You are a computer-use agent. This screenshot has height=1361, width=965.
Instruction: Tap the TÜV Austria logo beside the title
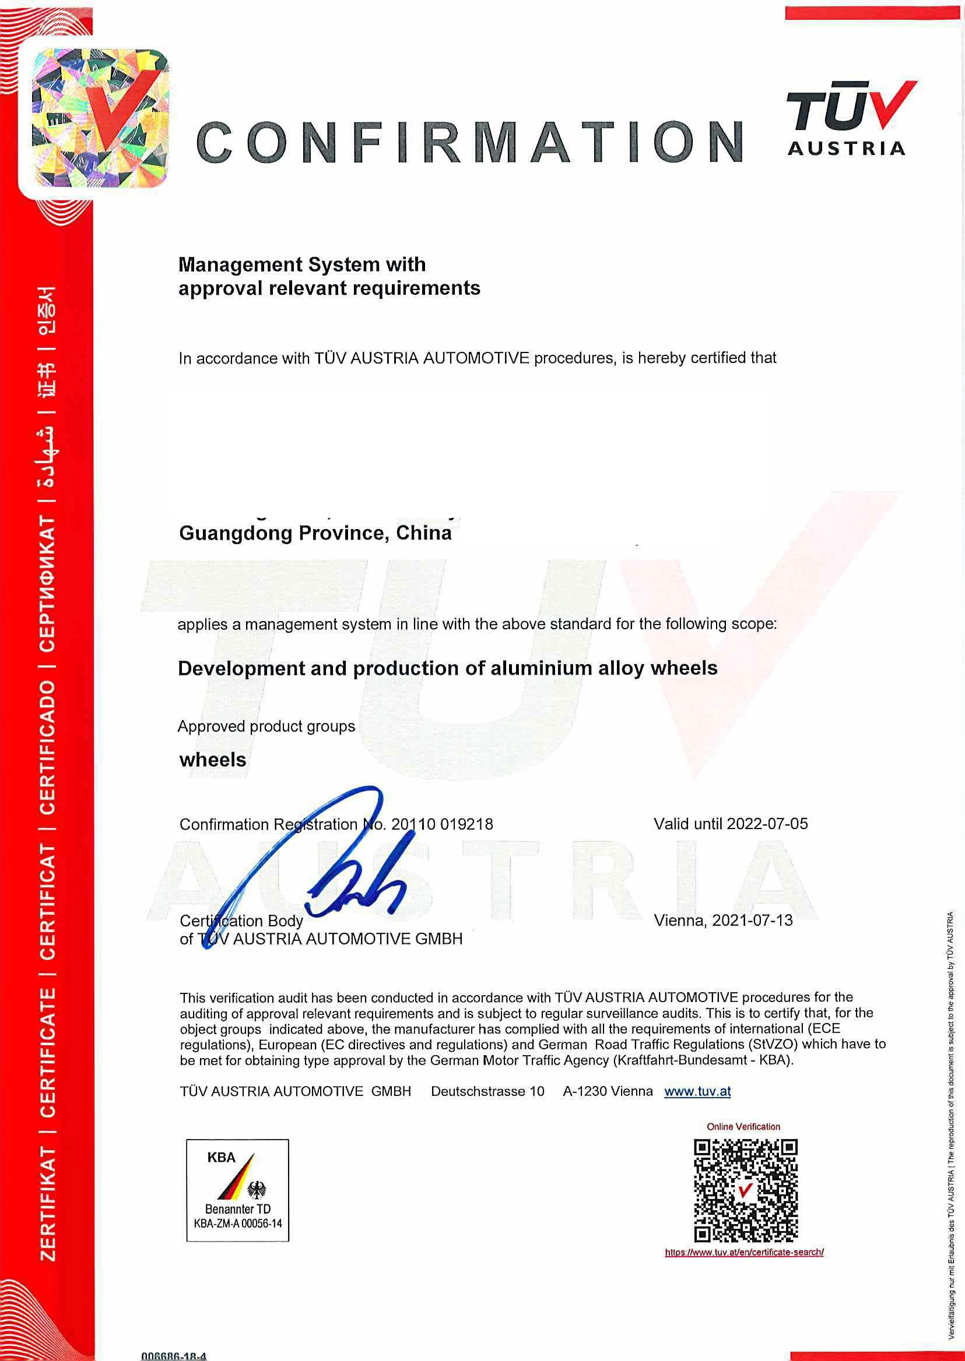850,119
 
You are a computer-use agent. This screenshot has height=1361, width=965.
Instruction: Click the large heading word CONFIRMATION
469,143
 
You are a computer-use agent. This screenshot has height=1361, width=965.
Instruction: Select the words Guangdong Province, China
315,533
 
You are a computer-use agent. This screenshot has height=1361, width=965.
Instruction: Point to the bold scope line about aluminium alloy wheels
447,669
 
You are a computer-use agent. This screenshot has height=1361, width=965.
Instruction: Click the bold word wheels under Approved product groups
213,760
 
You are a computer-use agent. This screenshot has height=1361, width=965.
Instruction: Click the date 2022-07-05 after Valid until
767,824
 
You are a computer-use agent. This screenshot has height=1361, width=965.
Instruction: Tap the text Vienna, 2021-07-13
723,921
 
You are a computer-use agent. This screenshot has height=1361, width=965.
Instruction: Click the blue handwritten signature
333,867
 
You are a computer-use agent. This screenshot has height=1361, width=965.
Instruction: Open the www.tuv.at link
697,1091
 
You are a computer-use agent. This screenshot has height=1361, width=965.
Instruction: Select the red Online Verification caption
743,1126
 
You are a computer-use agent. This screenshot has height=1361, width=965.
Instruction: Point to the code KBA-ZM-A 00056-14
238,1224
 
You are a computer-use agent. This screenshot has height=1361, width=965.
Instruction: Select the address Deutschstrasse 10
487,1091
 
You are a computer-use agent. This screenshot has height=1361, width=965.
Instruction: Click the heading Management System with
302,265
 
